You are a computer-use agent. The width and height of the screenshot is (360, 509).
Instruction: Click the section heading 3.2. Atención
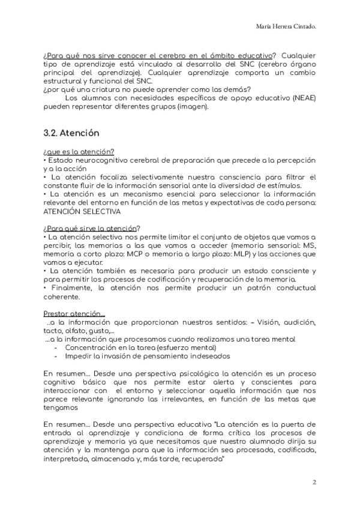(71, 133)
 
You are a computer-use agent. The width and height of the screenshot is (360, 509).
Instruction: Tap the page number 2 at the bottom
(314, 482)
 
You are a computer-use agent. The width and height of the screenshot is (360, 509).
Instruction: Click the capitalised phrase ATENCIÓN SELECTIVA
(82, 212)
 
